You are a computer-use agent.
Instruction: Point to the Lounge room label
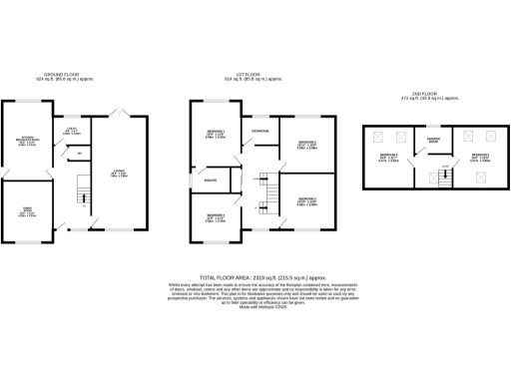(119, 175)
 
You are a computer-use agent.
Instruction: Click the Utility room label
(73, 131)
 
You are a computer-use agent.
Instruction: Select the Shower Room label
(434, 139)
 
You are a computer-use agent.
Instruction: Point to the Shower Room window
(434, 128)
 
